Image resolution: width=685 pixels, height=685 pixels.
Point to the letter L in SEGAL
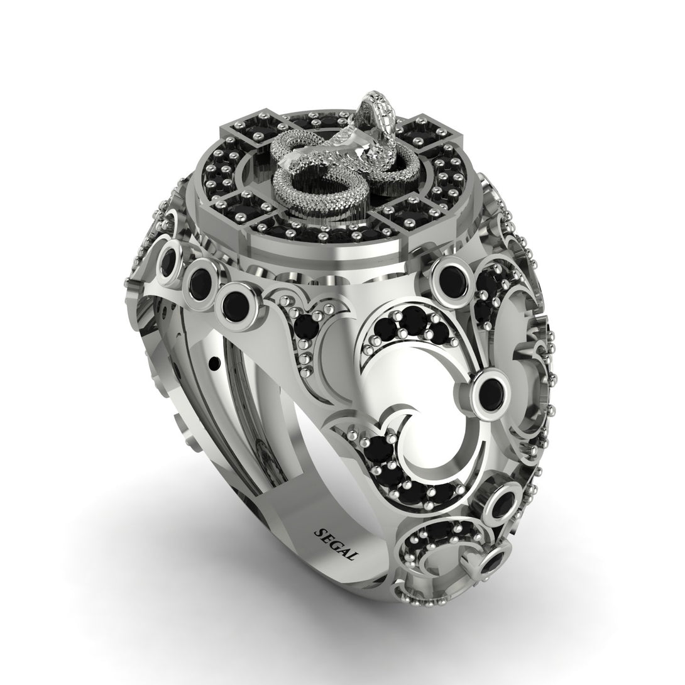(x=354, y=556)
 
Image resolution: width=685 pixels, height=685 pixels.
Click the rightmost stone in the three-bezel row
(x=236, y=302)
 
